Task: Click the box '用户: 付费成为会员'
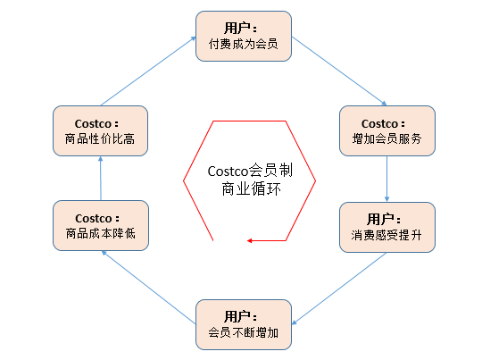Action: click(x=244, y=37)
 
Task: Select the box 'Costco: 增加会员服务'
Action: click(x=387, y=130)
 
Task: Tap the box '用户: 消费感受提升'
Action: click(x=387, y=228)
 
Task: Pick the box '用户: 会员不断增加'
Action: click(x=244, y=324)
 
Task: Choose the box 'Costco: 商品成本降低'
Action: click(x=101, y=225)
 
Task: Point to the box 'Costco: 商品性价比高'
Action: click(x=100, y=130)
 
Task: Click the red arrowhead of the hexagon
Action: click(x=250, y=240)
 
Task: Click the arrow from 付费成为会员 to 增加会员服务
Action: click(x=339, y=71)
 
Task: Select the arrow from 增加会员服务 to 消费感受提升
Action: click(x=387, y=179)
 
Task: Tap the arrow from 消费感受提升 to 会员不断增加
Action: click(x=339, y=289)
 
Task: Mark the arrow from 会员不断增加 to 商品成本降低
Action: click(x=149, y=288)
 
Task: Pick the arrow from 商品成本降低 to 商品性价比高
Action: click(x=101, y=178)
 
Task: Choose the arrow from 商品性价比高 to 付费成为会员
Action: click(x=148, y=71)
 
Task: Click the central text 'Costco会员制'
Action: click(x=250, y=171)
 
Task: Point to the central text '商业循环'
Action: click(x=251, y=188)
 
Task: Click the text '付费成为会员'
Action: click(x=243, y=44)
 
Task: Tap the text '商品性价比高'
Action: click(x=100, y=138)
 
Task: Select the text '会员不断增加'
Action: click(x=243, y=332)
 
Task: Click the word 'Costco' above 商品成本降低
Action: click(x=94, y=219)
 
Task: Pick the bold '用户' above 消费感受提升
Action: click(x=380, y=220)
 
